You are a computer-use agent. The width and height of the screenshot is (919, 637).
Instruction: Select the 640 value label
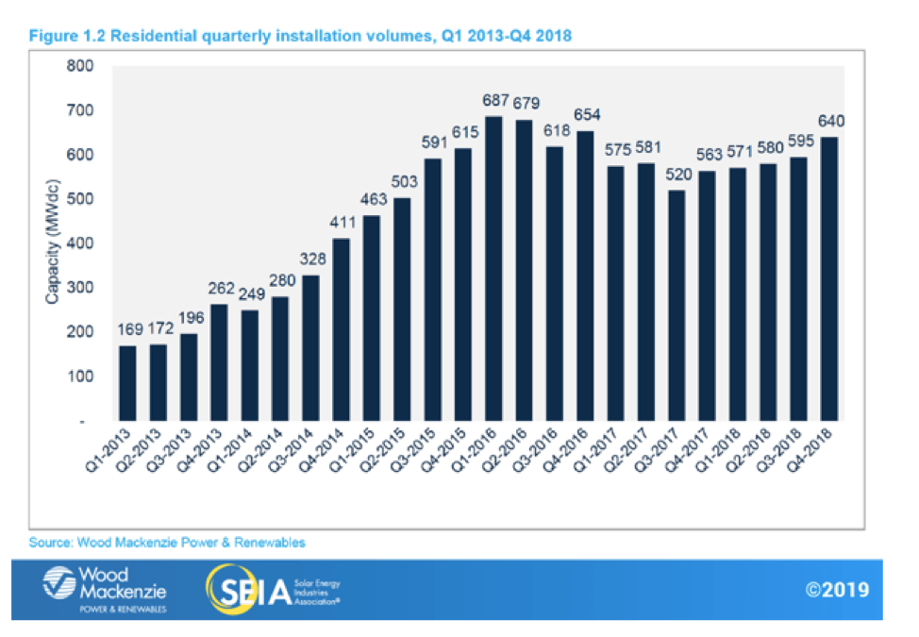(x=831, y=121)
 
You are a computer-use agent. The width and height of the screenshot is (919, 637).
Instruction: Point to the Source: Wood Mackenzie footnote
(x=168, y=543)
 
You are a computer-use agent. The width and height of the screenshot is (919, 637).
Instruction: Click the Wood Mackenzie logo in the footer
(x=106, y=589)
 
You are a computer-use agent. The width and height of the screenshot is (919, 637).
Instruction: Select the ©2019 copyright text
(x=836, y=591)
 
